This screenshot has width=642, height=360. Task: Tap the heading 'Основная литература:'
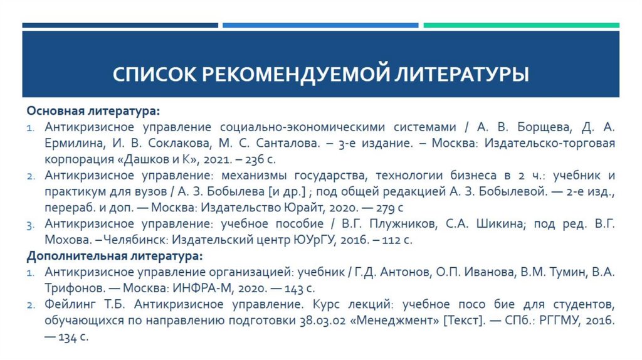tap(93, 112)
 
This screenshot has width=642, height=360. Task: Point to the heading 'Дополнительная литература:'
tap(114, 256)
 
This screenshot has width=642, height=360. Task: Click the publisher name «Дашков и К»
tap(164, 159)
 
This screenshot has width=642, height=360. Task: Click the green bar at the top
tap(521, 25)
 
